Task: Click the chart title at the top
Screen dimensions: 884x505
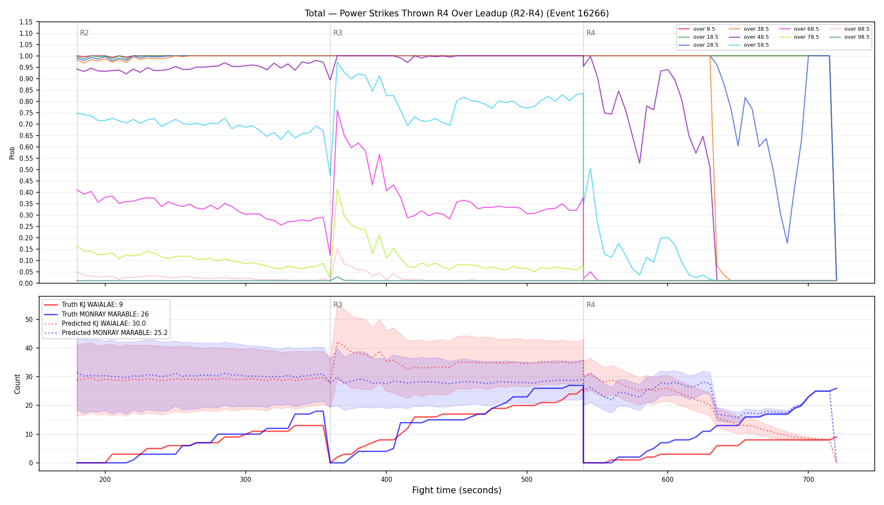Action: (x=457, y=13)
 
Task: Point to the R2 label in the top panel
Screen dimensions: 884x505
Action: (x=84, y=33)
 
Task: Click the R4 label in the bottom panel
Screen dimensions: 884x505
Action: (x=591, y=305)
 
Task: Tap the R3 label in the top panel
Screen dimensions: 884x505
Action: (x=338, y=33)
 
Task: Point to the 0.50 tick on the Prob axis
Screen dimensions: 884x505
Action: (x=26, y=170)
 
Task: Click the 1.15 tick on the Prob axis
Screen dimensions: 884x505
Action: (x=26, y=22)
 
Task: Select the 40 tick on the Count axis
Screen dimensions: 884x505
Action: (x=29, y=348)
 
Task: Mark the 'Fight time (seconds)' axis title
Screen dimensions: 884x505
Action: (x=457, y=490)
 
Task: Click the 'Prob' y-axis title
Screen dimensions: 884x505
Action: (x=12, y=153)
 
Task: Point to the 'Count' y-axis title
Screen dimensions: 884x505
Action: (x=17, y=384)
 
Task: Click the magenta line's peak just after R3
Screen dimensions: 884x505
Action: (x=337, y=110)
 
